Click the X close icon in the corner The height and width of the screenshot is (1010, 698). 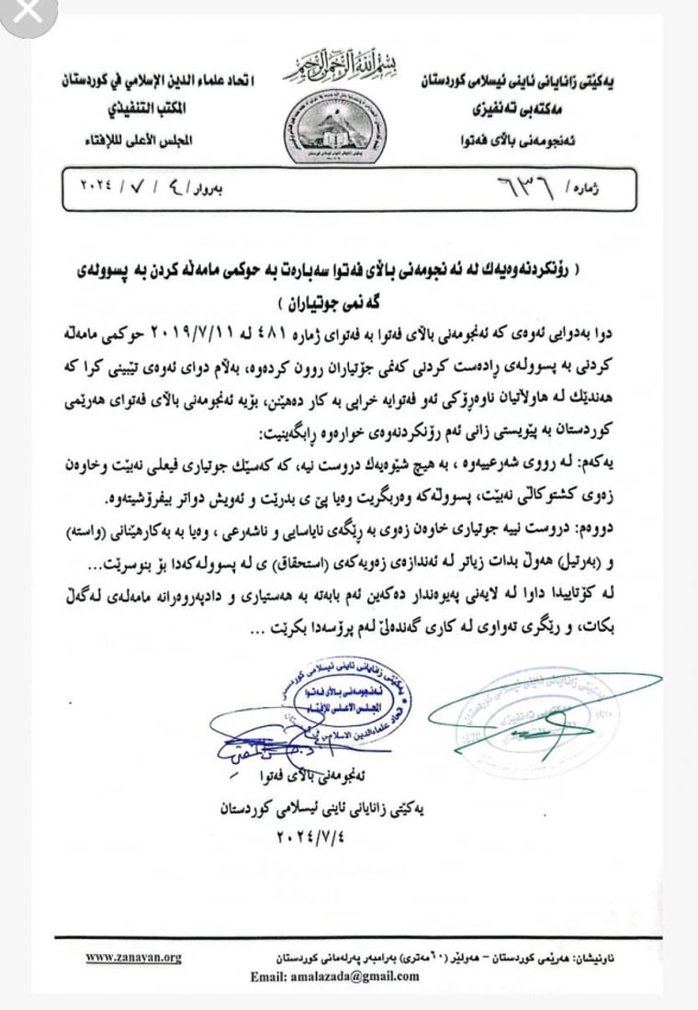tap(20, 14)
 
